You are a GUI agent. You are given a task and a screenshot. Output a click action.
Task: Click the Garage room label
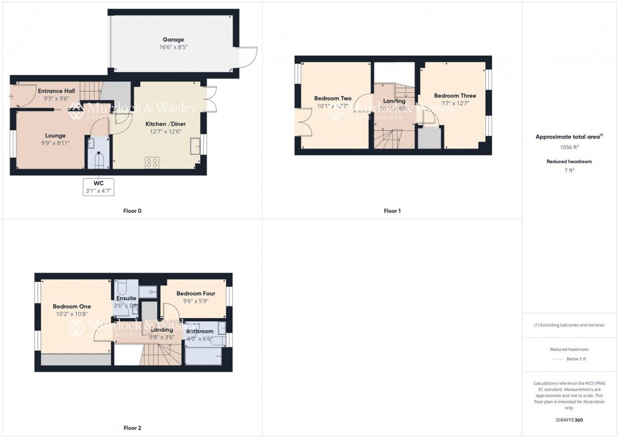coord(173,39)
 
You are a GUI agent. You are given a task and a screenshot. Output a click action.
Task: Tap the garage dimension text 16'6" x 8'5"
coord(173,47)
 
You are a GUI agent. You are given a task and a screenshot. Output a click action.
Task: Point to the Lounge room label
coord(56,135)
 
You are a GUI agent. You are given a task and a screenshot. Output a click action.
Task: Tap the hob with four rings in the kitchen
coord(152,162)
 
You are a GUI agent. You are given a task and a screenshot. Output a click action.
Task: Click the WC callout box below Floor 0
coord(98,187)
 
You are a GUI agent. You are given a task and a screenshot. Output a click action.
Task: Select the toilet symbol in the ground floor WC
coord(98,161)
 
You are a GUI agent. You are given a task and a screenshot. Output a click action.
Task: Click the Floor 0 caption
coord(132,210)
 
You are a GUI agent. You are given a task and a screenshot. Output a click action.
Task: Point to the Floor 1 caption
coord(392,210)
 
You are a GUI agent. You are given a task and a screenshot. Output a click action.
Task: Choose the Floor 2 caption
coord(132,428)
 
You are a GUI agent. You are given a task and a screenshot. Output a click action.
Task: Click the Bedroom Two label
coord(333,99)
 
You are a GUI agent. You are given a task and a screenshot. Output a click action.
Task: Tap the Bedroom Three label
coord(455,96)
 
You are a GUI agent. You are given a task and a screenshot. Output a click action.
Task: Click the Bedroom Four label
coord(196,293)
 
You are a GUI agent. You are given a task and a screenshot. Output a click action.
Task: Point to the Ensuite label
coord(126,298)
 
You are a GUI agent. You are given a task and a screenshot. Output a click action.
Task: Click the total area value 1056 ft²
coord(569,147)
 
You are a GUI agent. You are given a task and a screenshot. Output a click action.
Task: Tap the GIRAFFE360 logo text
coord(569,420)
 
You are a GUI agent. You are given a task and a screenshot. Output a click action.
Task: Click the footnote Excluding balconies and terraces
coord(569,325)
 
